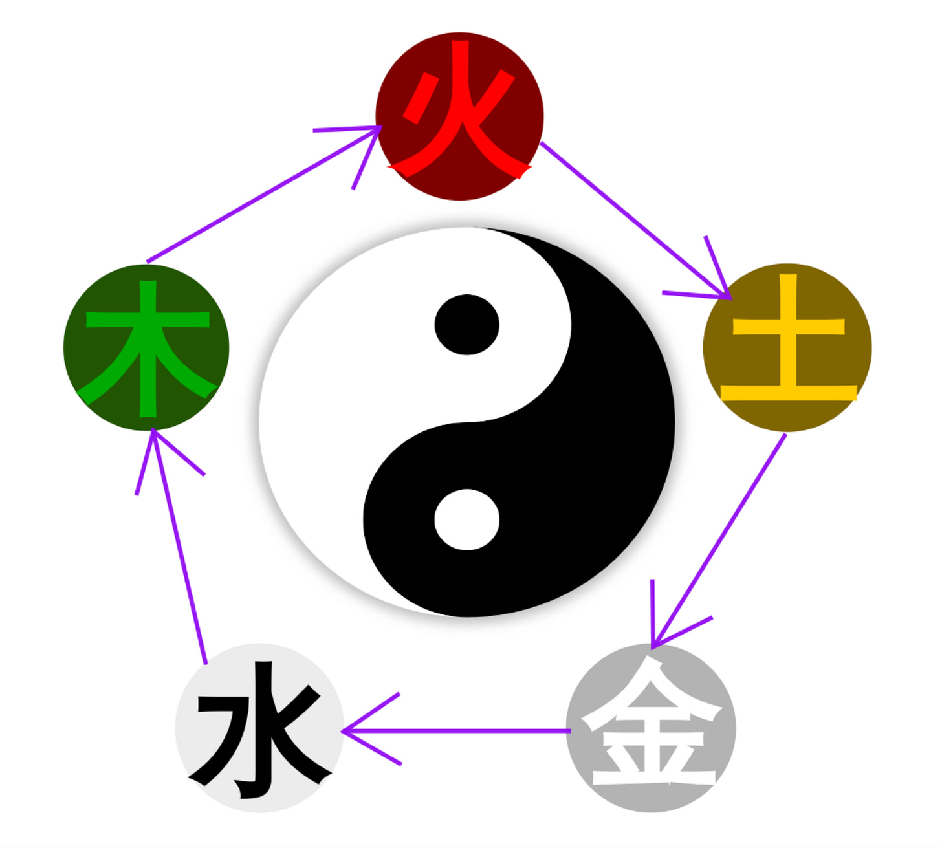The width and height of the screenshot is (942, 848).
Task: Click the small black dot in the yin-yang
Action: pyautogui.click(x=466, y=324)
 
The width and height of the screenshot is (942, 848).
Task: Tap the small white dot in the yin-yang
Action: pyautogui.click(x=466, y=519)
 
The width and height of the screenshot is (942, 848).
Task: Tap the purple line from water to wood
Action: pyautogui.click(x=180, y=550)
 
